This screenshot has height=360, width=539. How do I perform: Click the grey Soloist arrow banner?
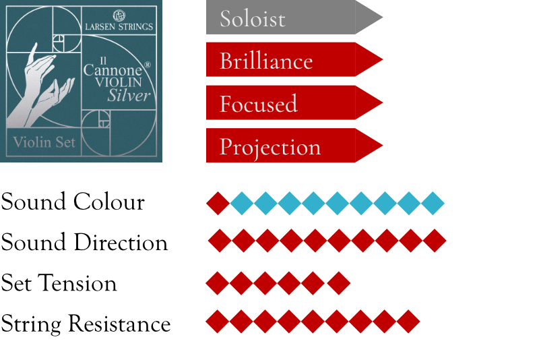click(x=290, y=18)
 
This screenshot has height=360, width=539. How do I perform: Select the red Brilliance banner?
click(x=290, y=60)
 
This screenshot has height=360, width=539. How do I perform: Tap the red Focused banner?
click(x=290, y=103)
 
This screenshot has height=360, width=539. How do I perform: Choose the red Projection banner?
click(x=290, y=146)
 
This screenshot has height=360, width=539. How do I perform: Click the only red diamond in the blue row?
click(x=218, y=203)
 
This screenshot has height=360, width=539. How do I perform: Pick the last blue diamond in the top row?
click(x=433, y=203)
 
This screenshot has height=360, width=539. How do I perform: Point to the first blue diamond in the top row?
click(x=242, y=203)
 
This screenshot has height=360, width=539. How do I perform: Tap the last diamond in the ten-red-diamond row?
click(x=435, y=241)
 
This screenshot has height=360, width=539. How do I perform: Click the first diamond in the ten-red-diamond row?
click(x=220, y=241)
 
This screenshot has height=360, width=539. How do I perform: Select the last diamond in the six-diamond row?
click(x=338, y=283)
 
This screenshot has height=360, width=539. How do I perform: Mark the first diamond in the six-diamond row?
click(x=217, y=283)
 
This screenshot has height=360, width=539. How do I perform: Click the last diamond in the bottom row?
click(x=408, y=322)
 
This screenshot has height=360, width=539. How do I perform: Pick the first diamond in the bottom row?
click(x=217, y=322)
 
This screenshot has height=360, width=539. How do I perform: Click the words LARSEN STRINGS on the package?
click(x=119, y=27)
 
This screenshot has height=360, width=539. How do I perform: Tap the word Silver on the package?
click(x=129, y=95)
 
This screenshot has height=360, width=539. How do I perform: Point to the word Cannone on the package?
click(x=113, y=69)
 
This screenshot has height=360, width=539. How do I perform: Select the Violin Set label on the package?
click(x=44, y=142)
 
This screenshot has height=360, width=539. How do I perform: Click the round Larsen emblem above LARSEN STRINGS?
click(x=119, y=15)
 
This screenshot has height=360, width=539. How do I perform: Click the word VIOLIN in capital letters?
click(x=127, y=82)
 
